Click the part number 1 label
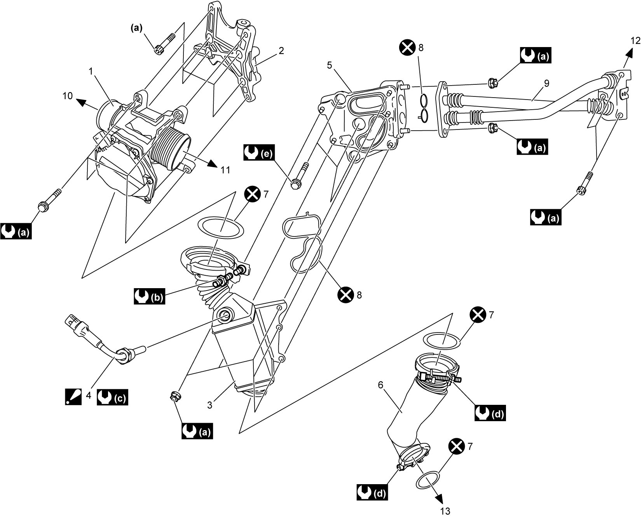tap(91, 71)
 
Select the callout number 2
tap(281, 51)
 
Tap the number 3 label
tap(210, 405)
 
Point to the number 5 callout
tap(330, 65)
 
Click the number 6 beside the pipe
tap(380, 385)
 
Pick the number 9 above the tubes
tap(546, 83)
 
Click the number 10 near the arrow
tap(68, 95)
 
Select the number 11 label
tap(225, 170)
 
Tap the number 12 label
tap(635, 40)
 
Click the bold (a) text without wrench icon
tap(136, 28)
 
